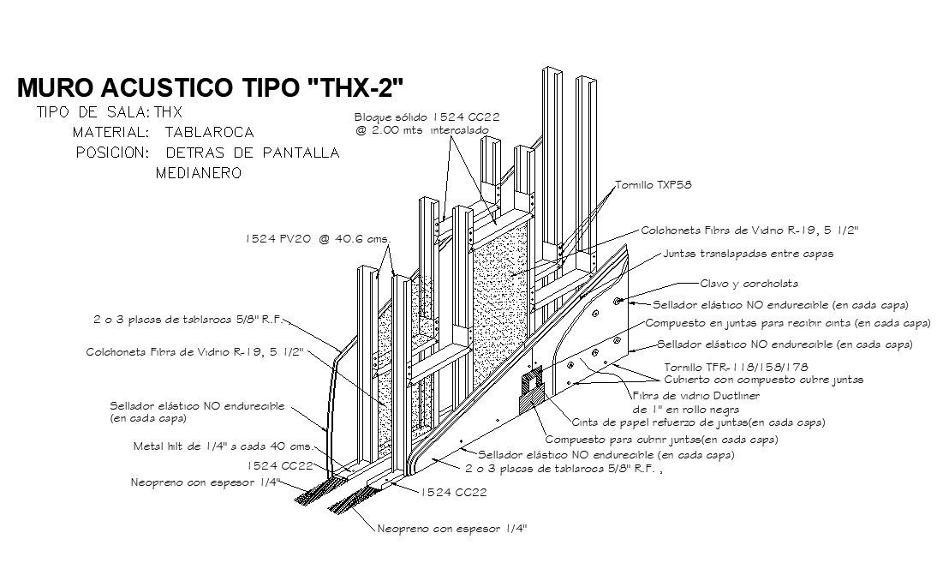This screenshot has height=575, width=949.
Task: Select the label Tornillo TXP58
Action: (654, 184)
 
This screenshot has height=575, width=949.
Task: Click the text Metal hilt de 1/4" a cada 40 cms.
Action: (224, 446)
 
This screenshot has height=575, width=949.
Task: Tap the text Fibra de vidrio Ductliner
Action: (695, 396)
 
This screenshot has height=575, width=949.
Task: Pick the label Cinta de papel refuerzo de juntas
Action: (698, 422)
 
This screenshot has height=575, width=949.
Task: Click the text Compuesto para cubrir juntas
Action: (656, 440)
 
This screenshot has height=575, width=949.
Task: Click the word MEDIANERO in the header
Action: (199, 173)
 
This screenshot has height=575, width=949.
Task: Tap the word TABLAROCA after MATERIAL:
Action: (209, 133)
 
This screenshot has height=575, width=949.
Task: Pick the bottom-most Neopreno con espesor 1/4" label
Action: (452, 529)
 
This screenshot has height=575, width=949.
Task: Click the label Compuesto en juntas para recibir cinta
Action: (787, 324)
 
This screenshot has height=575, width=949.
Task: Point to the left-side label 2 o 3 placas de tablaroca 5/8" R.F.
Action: (187, 320)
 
